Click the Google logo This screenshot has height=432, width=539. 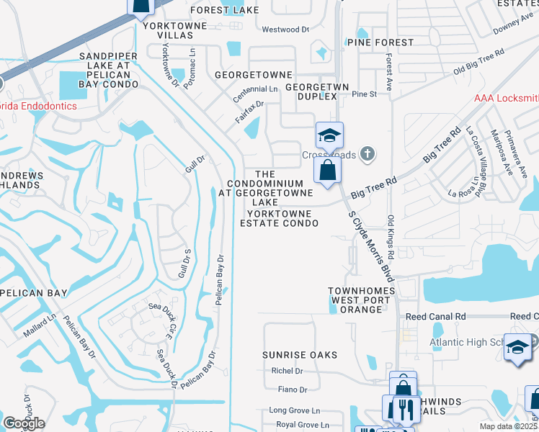click(x=24, y=423)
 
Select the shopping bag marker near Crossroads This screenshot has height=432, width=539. click(x=327, y=171)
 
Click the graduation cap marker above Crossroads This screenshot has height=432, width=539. click(x=329, y=135)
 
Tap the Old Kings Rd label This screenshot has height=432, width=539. click(x=391, y=237)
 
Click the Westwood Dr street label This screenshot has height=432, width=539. click(x=285, y=30)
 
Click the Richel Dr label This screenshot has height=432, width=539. click(x=288, y=371)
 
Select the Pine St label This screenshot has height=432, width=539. click(x=365, y=94)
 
